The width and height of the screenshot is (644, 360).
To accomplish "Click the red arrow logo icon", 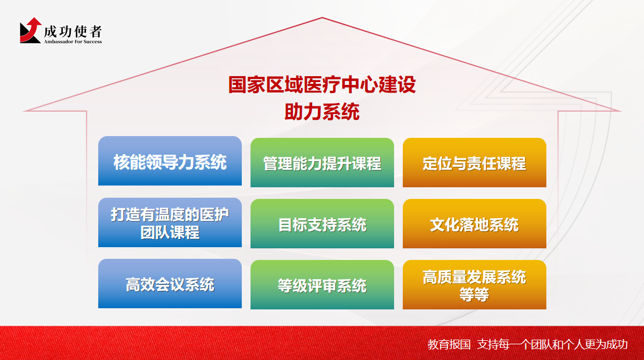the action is tap(30, 30).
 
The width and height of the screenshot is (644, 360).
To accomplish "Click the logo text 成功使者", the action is tap(73, 31).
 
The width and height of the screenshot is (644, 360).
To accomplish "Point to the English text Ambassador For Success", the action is tap(73, 41).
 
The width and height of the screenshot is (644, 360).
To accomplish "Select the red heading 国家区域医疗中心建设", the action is tap(322, 85).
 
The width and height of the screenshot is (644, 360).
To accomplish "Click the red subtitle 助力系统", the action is tap(322, 111).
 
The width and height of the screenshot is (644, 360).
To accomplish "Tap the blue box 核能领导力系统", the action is tap(170, 161).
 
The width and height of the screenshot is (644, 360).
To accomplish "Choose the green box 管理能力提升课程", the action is tap(323, 162).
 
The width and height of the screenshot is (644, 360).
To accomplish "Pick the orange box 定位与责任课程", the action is tap(474, 162).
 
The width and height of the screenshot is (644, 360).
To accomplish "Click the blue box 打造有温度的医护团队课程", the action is tap(170, 222).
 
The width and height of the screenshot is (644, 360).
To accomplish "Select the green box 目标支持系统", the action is tap(323, 223).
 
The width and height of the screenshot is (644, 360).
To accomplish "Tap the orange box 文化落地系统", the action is tap(474, 223).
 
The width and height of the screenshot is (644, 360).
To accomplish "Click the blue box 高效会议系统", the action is tap(170, 284).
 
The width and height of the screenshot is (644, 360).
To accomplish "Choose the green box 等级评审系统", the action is tap(323, 285).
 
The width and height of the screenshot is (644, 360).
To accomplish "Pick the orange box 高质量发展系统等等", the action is tap(474, 285).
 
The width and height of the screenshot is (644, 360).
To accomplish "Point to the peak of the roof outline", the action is tap(323, 17).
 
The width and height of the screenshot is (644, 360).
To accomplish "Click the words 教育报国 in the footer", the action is tap(449, 344).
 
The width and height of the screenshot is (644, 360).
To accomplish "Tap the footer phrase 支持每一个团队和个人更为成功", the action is tap(552, 344).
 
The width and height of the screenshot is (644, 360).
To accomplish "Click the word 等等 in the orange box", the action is tap(474, 295).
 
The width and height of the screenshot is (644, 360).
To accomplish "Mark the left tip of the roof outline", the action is tap(24, 111).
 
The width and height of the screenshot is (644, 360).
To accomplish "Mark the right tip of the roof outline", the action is tap(620, 111).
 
